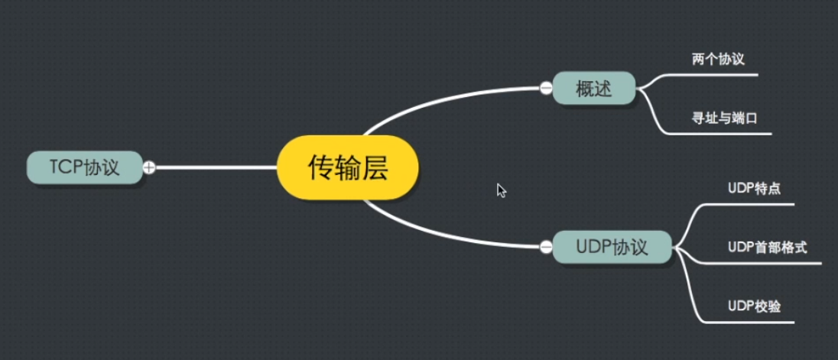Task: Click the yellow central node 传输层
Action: (x=348, y=167)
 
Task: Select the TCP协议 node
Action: (x=84, y=167)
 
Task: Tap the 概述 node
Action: (x=594, y=88)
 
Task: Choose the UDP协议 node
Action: (x=612, y=247)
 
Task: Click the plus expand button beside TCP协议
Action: (x=149, y=167)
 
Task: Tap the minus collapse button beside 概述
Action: (x=546, y=88)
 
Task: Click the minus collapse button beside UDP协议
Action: (x=546, y=247)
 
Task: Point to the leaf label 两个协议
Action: (x=717, y=60)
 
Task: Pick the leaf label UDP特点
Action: (x=754, y=188)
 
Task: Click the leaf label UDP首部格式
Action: (x=767, y=247)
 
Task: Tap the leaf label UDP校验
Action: (x=754, y=306)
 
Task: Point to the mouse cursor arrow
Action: (x=501, y=190)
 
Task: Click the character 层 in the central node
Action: (x=375, y=167)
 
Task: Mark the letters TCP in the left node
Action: (x=66, y=167)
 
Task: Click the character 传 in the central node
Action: (x=321, y=167)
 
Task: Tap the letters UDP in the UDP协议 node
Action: (x=593, y=247)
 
